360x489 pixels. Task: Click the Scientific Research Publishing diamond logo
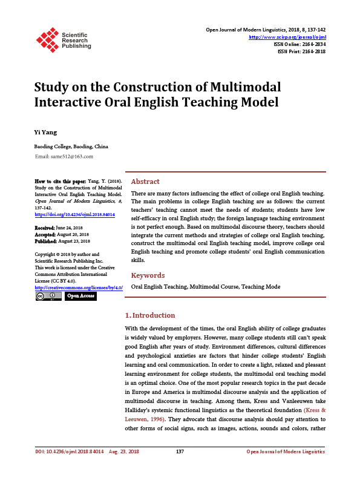pos(47,39)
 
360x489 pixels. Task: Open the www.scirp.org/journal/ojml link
pos(287,37)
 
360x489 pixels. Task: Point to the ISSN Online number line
pos(299,44)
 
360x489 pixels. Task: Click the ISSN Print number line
pos(301,51)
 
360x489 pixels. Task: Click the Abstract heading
pos(145,182)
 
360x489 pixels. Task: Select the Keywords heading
pos(148,275)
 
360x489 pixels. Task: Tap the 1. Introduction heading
pos(149,315)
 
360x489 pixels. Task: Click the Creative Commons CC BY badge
pos(48,296)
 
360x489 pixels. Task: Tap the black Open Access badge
pos(80,296)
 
